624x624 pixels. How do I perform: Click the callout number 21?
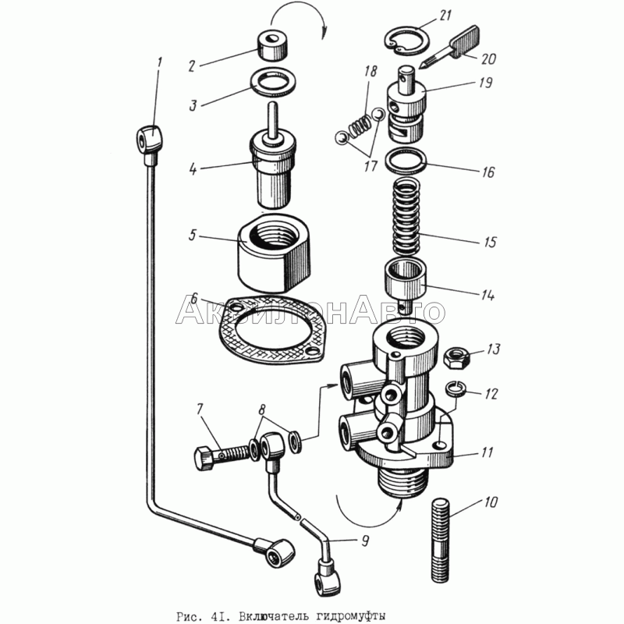click(445, 15)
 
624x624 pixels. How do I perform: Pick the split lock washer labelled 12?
click(455, 388)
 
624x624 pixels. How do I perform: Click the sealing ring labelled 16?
click(406, 161)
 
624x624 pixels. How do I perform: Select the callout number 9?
click(364, 541)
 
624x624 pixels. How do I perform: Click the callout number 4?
click(193, 168)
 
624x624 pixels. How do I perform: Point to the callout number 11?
click(487, 452)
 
